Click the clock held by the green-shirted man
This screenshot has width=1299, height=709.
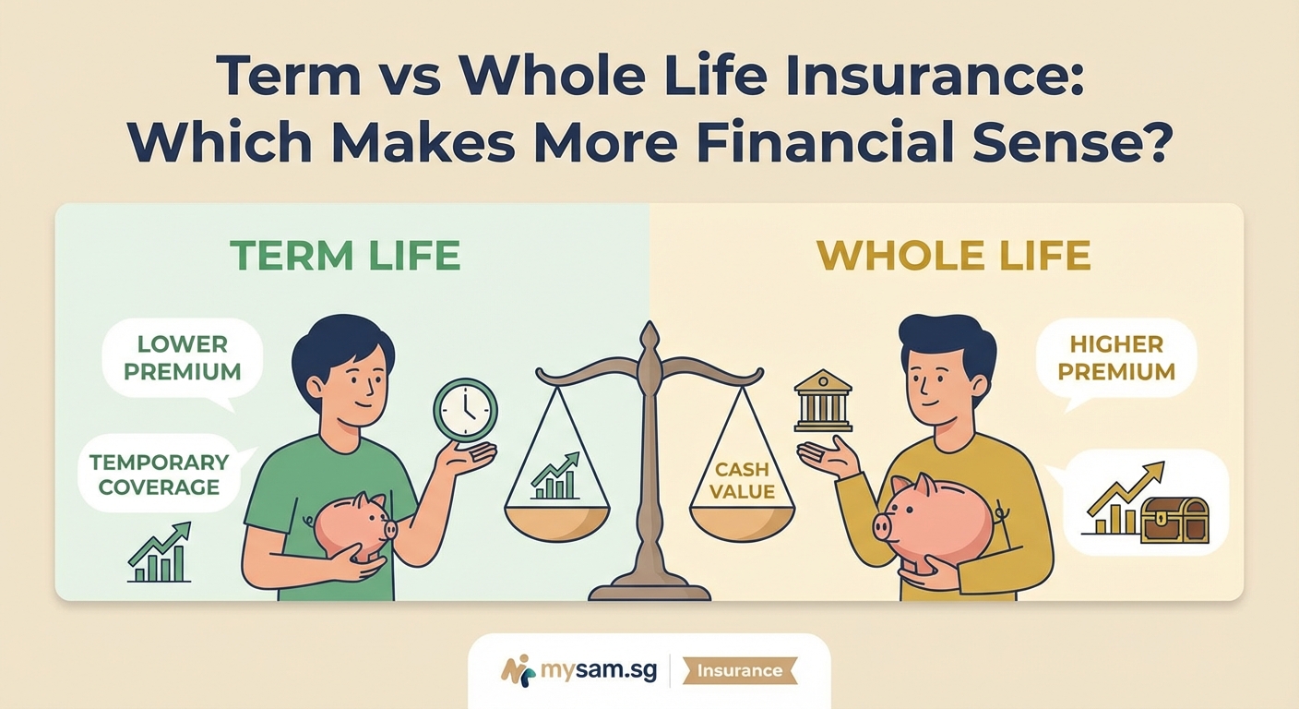pyautogui.click(x=465, y=410)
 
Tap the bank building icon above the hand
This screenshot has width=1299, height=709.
pyautogui.click(x=823, y=401)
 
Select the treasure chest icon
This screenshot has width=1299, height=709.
pyautogui.click(x=1174, y=520)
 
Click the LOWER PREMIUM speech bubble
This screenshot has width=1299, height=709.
pyautogui.click(x=183, y=358)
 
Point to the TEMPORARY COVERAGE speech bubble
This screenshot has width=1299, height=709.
pyautogui.click(x=159, y=474)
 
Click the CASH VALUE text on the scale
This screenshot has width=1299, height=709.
pyautogui.click(x=742, y=480)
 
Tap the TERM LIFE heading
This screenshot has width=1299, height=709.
pyautogui.click(x=344, y=256)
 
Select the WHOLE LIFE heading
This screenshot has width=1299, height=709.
pyautogui.click(x=954, y=256)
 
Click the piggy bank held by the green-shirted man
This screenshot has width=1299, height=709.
pyautogui.click(x=354, y=525)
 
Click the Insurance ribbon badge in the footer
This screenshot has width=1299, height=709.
pyautogui.click(x=739, y=671)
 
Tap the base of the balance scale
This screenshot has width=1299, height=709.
pyautogui.click(x=649, y=588)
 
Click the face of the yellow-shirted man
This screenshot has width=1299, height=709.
pyautogui.click(x=941, y=380)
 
